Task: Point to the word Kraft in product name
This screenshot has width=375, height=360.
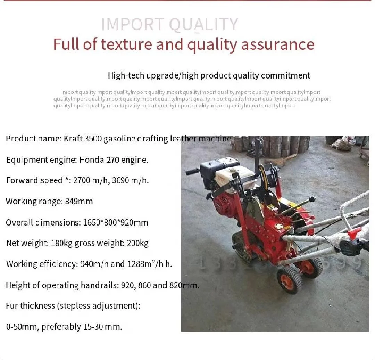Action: click(74, 139)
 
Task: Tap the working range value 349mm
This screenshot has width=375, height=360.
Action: click(79, 202)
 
